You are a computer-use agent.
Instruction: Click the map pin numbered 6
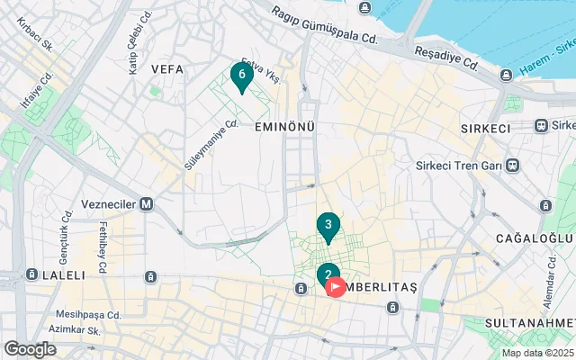click(x=240, y=76)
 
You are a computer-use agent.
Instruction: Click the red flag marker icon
click(x=335, y=287)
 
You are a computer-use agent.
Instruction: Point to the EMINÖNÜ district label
click(x=284, y=127)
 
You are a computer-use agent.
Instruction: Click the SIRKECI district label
click(x=485, y=129)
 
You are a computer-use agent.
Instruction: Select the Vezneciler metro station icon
click(x=147, y=204)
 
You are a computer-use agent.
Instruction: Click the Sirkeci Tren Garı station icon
click(x=512, y=166)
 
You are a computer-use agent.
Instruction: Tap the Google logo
click(x=30, y=349)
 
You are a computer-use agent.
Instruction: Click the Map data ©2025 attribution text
click(x=537, y=353)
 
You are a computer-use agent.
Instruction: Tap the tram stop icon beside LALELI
click(x=32, y=274)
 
